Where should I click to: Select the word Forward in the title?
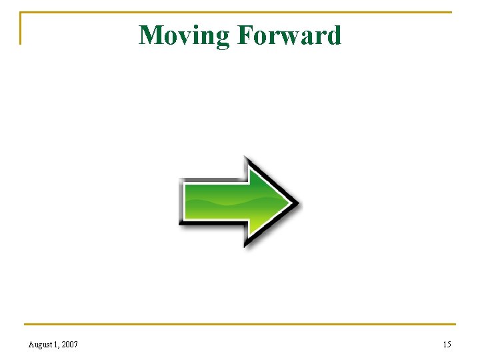point(289,35)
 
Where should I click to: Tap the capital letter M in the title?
point(151,35)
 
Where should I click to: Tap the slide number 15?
point(447,345)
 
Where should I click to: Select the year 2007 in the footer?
point(69,345)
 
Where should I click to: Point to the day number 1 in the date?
point(57,345)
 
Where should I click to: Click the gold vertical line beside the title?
point(20,28)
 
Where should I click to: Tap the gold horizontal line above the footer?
point(240,325)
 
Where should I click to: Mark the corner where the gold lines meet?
point(20,12)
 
